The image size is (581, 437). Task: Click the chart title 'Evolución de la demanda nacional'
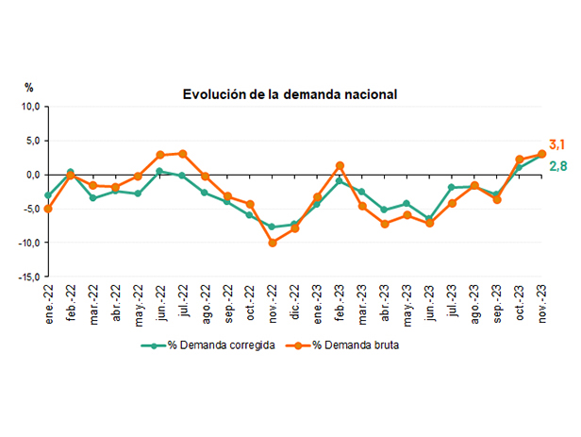coord(276,94)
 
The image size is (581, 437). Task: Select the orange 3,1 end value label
coord(556,144)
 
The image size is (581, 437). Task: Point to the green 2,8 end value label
coord(557,167)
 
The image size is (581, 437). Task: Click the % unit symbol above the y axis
coord(29,87)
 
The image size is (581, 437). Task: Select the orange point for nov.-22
coord(273,243)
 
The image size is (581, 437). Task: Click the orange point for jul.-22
coord(183,154)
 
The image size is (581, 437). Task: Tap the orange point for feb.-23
coord(340,166)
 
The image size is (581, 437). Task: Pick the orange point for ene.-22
coord(48,209)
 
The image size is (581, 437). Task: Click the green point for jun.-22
coord(159,171)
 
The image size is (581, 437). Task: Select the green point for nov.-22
coord(273,227)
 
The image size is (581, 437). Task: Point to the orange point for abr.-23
coord(385,224)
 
